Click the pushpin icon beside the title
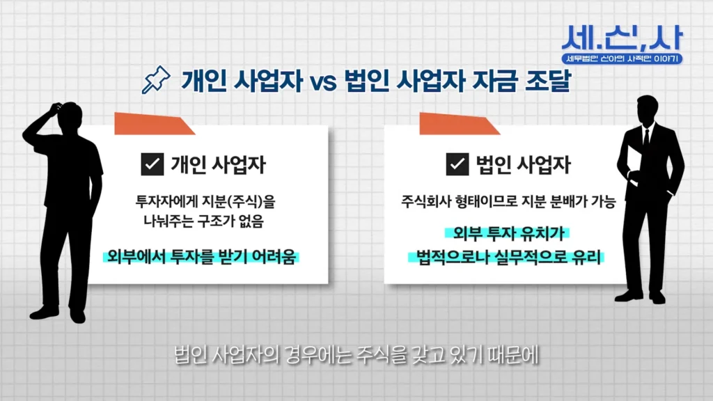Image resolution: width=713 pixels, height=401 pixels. (x=155, y=80)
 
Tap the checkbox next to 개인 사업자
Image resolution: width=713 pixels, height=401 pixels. (x=151, y=165)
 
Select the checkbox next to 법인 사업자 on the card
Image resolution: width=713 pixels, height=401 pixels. (x=457, y=165)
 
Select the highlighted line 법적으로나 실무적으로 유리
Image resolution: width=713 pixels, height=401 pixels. (x=506, y=256)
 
